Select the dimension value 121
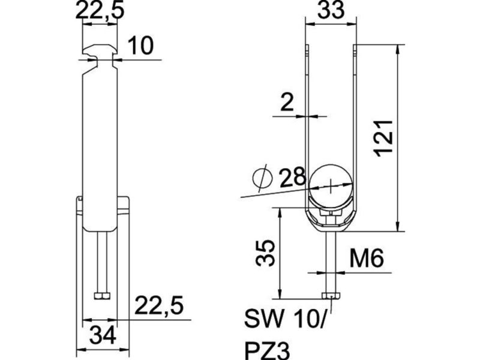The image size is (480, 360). coord(384,139)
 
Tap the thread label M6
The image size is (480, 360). coord(367,258)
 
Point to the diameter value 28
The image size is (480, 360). coord(293,177)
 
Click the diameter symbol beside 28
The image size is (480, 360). coord(262,178)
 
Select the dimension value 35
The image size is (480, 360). coord(265,253)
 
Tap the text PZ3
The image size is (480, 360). coord(267,350)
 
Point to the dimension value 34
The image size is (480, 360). coord(103,335)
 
